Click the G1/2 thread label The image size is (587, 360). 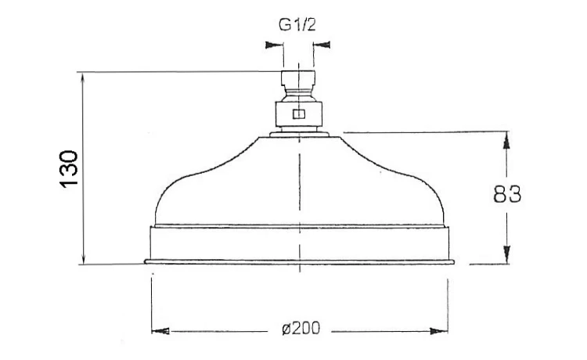tap(297, 25)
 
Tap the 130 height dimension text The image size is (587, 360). tap(69, 168)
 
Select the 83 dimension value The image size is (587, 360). tap(507, 194)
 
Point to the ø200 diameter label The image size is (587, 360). tap(301, 329)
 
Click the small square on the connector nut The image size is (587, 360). tap(299, 113)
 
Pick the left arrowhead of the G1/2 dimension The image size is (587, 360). tap(274, 45)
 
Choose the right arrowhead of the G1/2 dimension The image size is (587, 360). tap(322, 45)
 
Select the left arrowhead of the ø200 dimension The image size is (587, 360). tap(160, 331)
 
